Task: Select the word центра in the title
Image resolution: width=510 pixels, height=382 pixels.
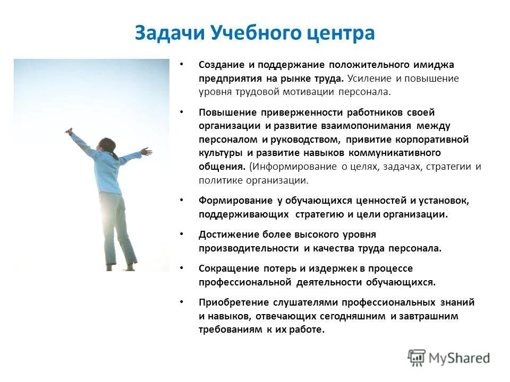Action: point(342,32)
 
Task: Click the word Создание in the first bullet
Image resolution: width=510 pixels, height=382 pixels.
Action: point(220,65)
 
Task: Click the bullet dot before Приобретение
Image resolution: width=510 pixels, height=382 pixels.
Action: point(181,302)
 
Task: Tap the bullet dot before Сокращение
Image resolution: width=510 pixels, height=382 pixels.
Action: point(181,268)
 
